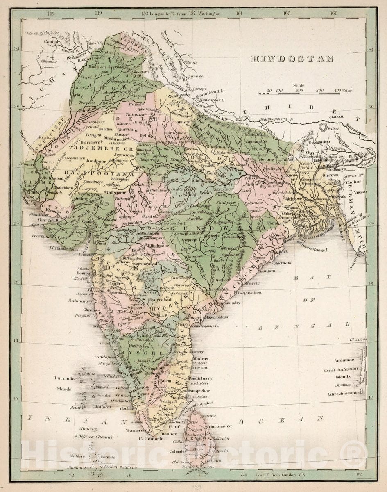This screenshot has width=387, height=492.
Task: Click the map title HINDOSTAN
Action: pos(292,59)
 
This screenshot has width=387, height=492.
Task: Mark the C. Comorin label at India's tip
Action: pos(151,438)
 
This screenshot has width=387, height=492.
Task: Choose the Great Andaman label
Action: pos(341,369)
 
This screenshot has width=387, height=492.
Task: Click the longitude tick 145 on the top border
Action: pos(51,13)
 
